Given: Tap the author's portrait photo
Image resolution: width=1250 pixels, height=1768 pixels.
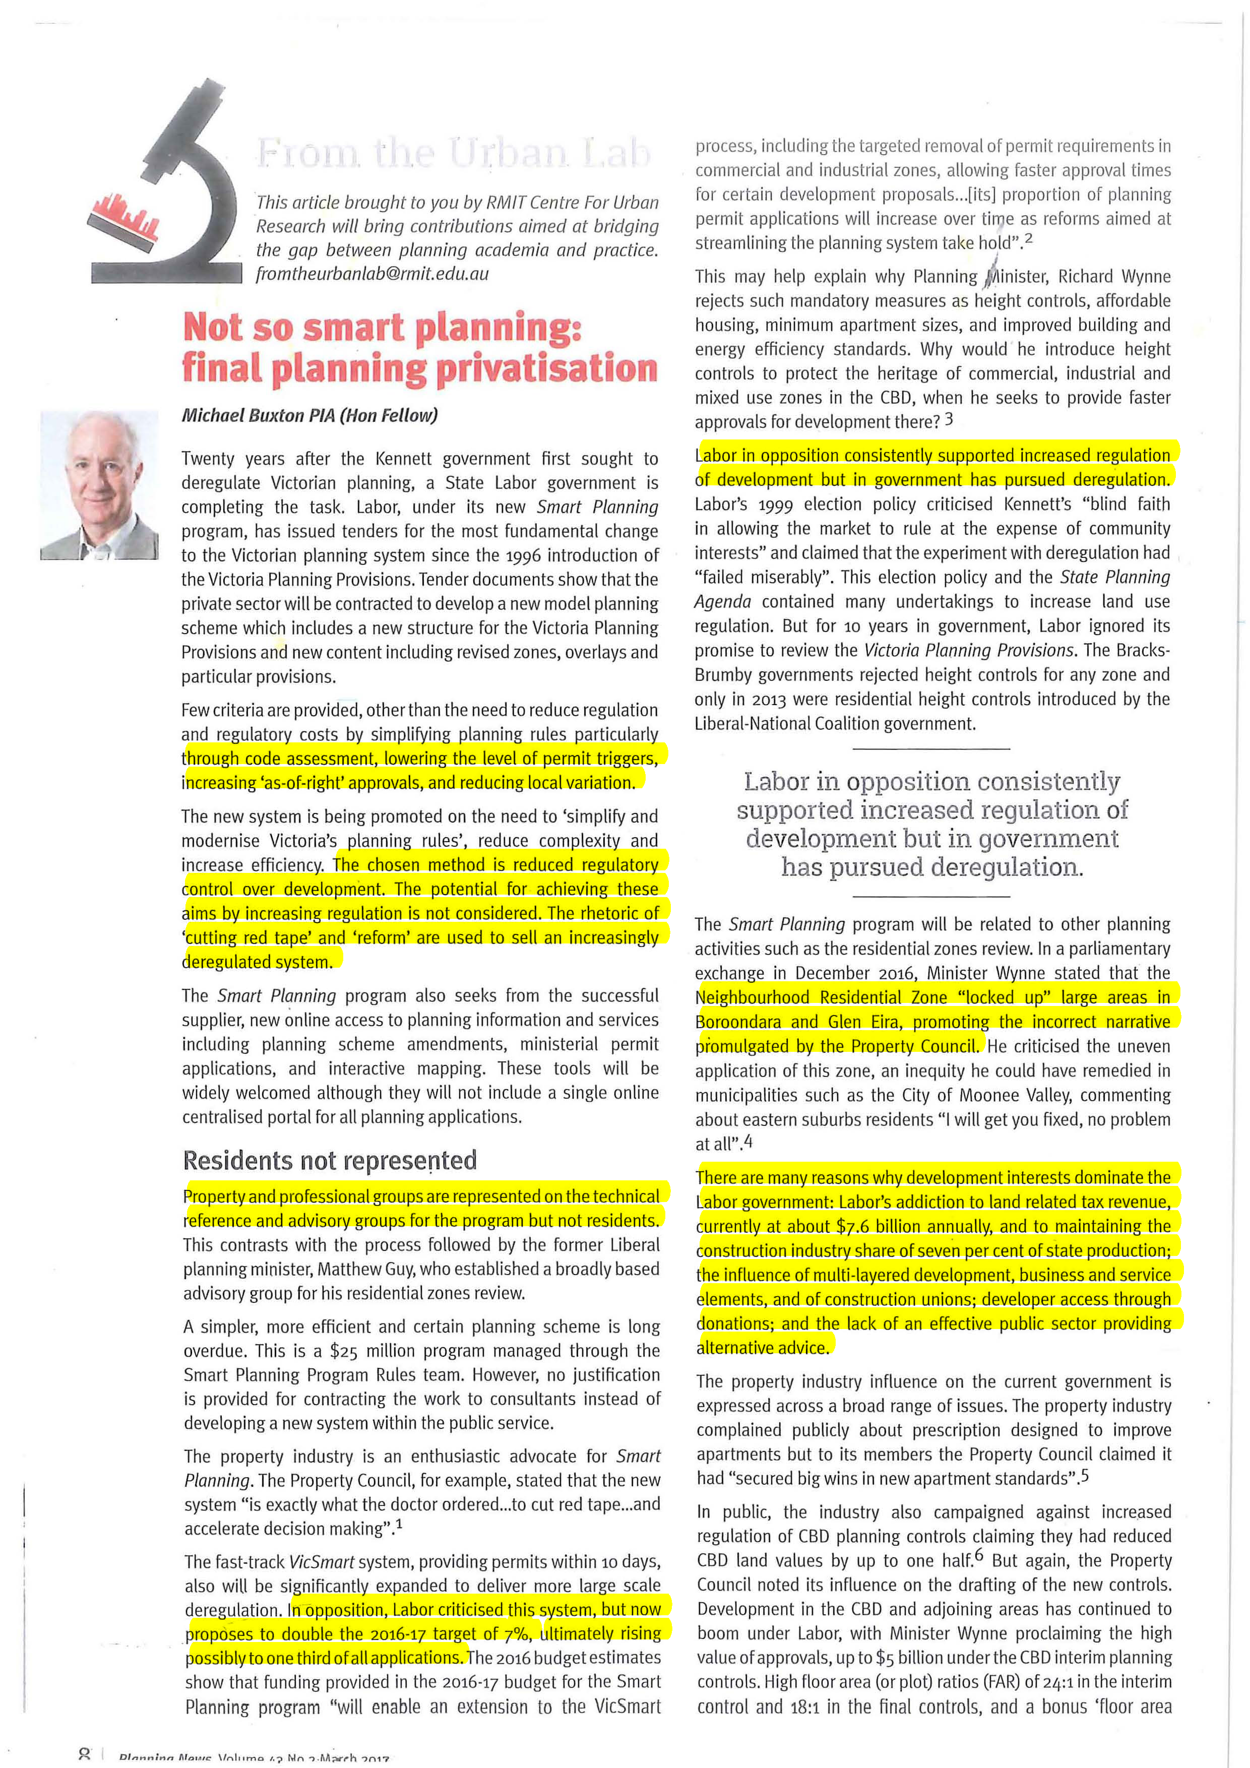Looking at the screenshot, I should pos(99,485).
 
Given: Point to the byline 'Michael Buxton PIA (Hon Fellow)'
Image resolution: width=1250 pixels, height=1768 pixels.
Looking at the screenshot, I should pos(309,416).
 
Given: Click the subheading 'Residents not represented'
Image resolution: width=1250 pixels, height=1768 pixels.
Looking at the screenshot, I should pos(330,1161).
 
